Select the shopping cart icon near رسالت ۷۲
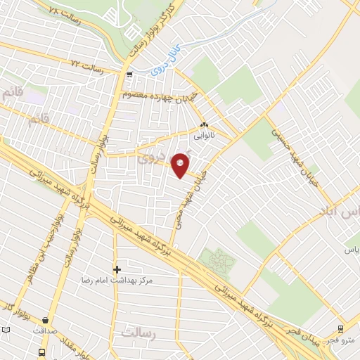128,74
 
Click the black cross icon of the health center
117,269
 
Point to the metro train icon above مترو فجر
341,328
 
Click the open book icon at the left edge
6,330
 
